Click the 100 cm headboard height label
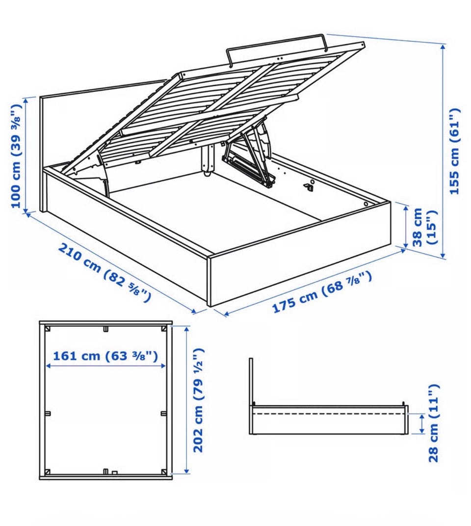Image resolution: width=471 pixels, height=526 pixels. (17, 156)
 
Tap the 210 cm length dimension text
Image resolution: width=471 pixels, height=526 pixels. (105, 272)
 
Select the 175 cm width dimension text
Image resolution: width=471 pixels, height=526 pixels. (322, 291)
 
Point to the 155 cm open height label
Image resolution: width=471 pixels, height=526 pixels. (454, 151)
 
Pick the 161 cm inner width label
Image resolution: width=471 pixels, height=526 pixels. (105, 355)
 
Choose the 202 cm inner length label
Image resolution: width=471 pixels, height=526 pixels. (198, 400)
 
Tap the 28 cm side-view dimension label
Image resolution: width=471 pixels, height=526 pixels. (433, 423)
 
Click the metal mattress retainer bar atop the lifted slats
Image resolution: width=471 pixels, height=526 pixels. (277, 49)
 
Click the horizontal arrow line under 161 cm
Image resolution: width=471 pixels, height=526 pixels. (105, 366)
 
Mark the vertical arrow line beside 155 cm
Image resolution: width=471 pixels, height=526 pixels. (443, 151)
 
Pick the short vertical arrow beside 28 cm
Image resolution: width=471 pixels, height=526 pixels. (421, 423)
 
